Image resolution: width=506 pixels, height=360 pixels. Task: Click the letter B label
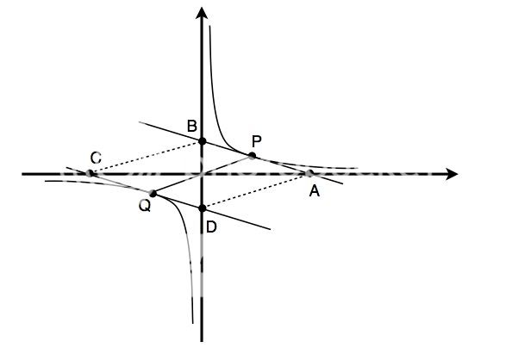[x=192, y=126]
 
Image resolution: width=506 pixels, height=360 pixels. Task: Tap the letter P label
[x=257, y=141]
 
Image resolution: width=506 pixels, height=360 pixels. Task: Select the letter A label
[x=315, y=191]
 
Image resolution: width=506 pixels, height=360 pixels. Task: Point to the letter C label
[x=96, y=158]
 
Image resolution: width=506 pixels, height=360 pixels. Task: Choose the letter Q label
[x=145, y=206]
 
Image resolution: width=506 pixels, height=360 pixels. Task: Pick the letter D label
[x=211, y=227]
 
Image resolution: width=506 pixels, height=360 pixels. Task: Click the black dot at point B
[x=202, y=141]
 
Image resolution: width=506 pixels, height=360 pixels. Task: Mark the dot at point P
[x=252, y=156]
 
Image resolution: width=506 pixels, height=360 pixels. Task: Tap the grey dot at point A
[x=309, y=173]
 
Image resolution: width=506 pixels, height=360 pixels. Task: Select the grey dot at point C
[x=90, y=173]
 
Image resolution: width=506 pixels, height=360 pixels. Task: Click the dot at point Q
[x=153, y=194]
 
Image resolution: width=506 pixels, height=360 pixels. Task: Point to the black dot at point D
[x=202, y=208]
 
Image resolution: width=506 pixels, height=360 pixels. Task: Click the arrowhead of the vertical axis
[x=202, y=13]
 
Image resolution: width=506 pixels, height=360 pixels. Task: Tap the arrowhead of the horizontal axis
[x=452, y=174]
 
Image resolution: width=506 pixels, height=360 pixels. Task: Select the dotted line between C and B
[x=146, y=158]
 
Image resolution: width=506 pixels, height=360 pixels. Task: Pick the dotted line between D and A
[x=256, y=191]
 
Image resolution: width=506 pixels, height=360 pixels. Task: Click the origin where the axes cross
[x=202, y=174]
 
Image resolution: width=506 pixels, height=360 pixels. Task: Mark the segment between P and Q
[x=203, y=175]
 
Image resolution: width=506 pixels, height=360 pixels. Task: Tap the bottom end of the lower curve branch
[x=192, y=323]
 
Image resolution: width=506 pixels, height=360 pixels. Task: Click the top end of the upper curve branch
[x=210, y=26]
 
